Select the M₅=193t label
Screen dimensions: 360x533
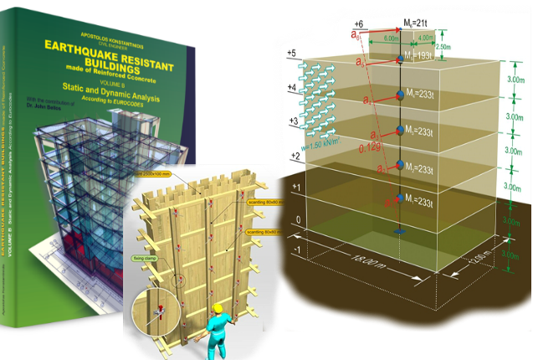419,54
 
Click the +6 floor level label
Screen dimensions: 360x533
361,23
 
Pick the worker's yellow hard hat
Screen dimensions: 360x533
221,311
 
